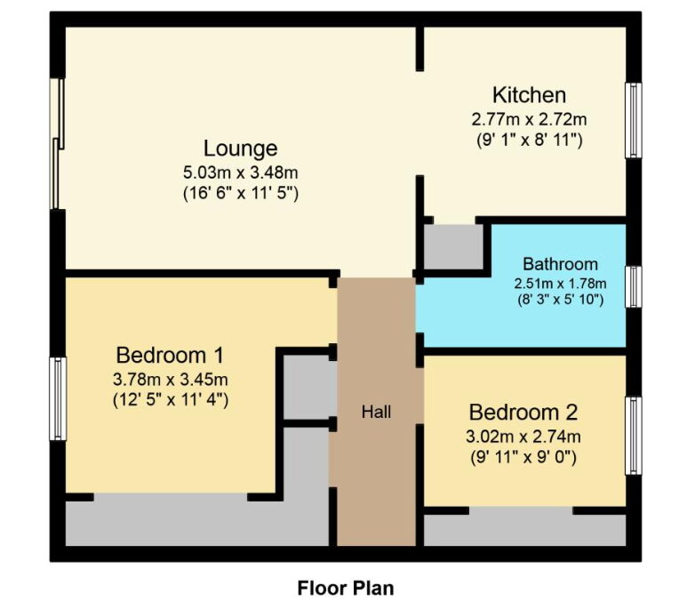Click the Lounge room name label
(240, 148)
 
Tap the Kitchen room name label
(529, 95)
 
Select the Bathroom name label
(560, 264)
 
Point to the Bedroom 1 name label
(170, 356)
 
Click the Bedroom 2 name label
(523, 412)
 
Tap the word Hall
(376, 412)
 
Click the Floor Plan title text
(346, 589)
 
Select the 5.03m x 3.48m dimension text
(240, 173)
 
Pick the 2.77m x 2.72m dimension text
(529, 119)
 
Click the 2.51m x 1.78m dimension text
(560, 284)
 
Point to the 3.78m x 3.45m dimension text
(170, 380)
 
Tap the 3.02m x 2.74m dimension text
(523, 437)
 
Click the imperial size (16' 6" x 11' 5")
(240, 193)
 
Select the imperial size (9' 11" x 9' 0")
(523, 457)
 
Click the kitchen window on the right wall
(633, 120)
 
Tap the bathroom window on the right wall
(634, 287)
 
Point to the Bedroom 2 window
(634, 436)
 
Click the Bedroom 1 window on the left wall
(58, 398)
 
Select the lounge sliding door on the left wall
(57, 143)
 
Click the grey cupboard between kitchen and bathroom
(453, 247)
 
